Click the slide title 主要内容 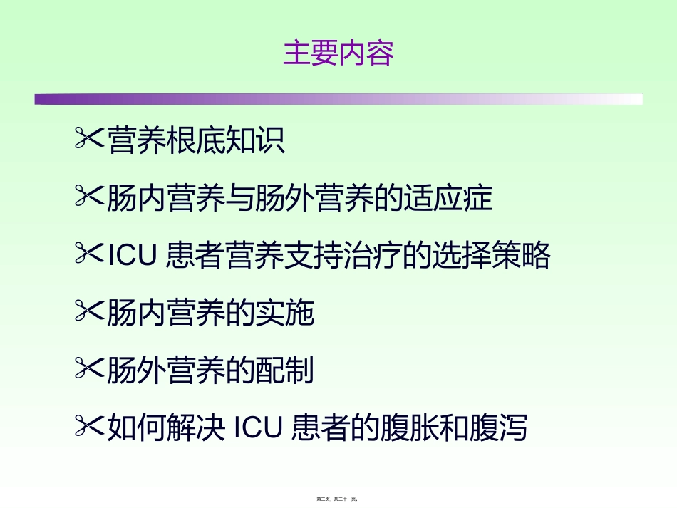point(338,54)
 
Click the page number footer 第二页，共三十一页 point(338,500)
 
